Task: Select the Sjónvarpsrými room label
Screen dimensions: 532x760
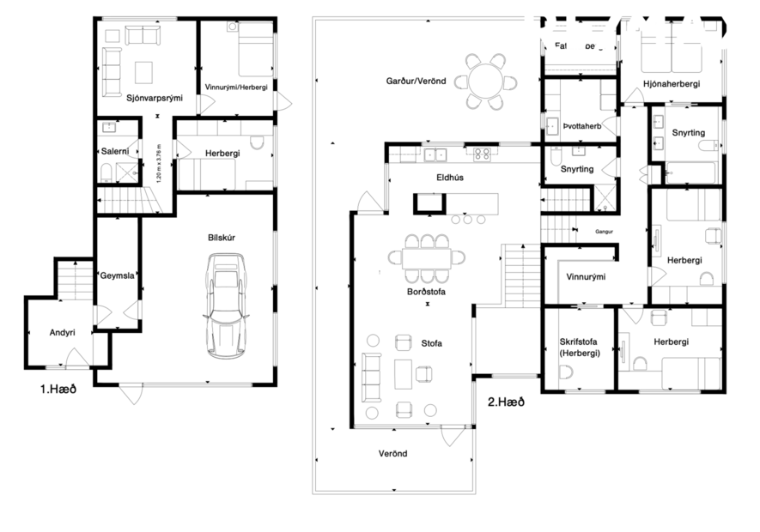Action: point(155,98)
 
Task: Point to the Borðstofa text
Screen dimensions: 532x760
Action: point(427,292)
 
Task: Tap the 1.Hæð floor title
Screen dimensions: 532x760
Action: point(58,389)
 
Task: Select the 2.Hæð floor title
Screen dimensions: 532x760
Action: point(505,401)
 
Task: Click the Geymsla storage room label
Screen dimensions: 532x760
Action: point(117,276)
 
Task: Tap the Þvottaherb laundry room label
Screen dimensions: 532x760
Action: point(588,126)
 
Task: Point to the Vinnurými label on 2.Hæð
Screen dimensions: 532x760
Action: point(587,277)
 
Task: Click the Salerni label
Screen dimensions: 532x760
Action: point(114,151)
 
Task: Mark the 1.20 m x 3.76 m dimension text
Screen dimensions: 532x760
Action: point(160,162)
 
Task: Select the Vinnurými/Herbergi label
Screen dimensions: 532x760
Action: point(234,88)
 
